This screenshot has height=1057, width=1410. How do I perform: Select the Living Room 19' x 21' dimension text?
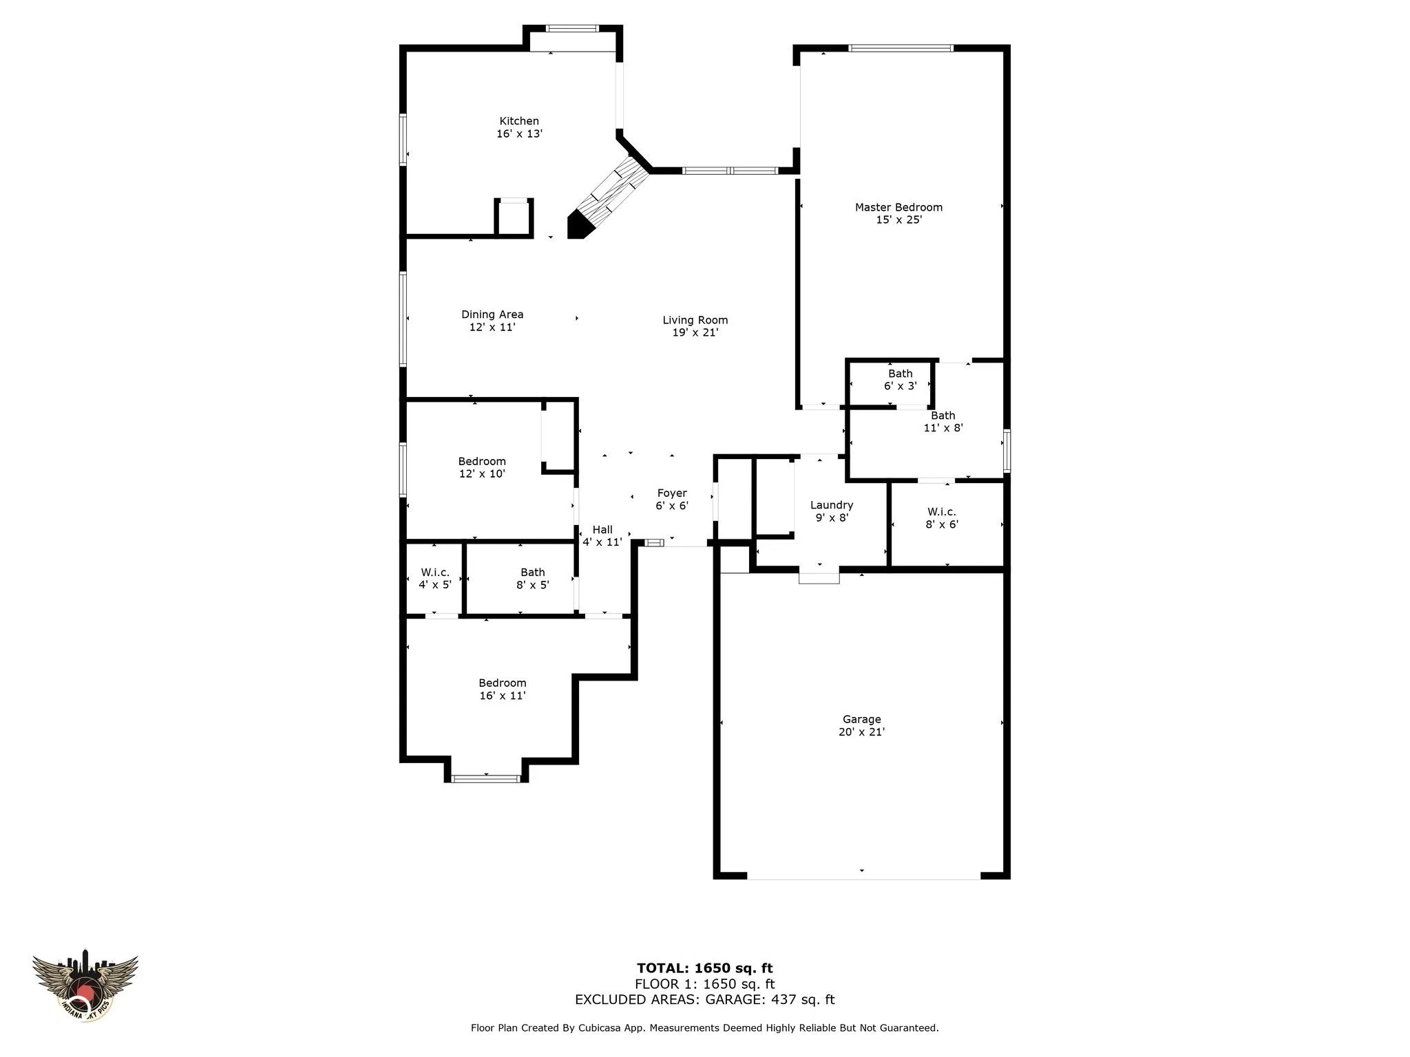click(695, 332)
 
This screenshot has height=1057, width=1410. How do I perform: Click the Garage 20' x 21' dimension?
click(861, 732)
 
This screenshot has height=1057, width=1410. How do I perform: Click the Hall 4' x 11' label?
click(602, 535)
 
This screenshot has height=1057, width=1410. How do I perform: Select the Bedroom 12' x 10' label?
click(482, 467)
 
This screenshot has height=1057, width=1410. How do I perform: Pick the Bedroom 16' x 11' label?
click(503, 689)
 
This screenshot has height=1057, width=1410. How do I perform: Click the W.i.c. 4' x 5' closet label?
click(435, 578)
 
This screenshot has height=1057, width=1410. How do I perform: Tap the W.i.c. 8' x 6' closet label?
click(942, 517)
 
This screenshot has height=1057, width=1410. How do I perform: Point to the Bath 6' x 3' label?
click(901, 380)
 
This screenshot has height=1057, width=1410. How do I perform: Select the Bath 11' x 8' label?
click(943, 421)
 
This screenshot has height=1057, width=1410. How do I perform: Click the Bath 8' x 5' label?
click(533, 578)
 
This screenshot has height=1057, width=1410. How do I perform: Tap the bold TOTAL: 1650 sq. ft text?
click(705, 969)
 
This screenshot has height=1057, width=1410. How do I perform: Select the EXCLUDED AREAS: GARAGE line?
click(705, 999)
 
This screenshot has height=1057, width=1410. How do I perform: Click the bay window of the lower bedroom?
click(486, 778)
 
